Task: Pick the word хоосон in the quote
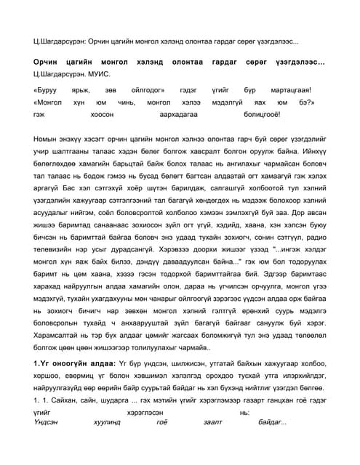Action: click(x=102, y=115)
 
